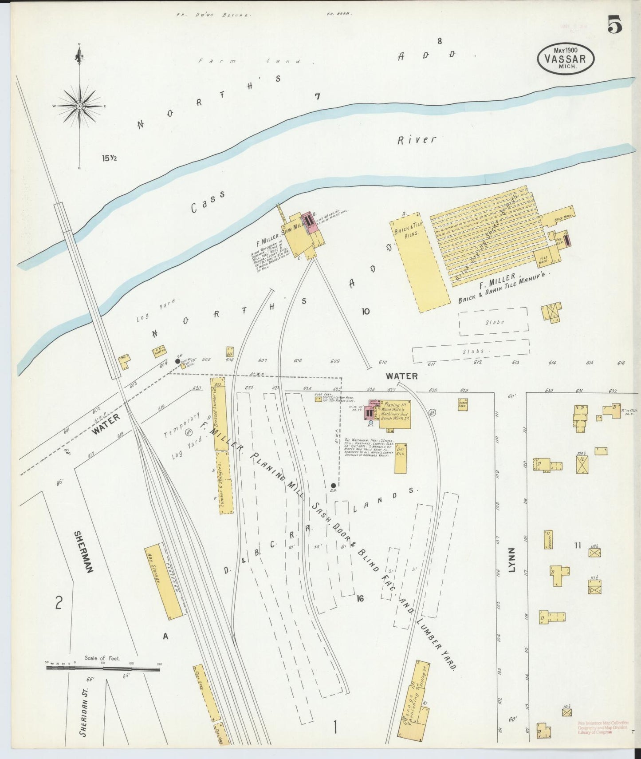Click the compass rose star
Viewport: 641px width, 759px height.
(x=79, y=106)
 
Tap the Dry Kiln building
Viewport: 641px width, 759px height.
(x=401, y=458)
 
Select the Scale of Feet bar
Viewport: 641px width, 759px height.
(x=103, y=667)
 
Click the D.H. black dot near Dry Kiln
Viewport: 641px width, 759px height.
(x=333, y=486)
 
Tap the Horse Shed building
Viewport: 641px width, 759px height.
(x=463, y=404)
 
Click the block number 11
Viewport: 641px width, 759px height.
(x=577, y=546)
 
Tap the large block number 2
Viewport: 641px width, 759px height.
(x=58, y=602)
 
